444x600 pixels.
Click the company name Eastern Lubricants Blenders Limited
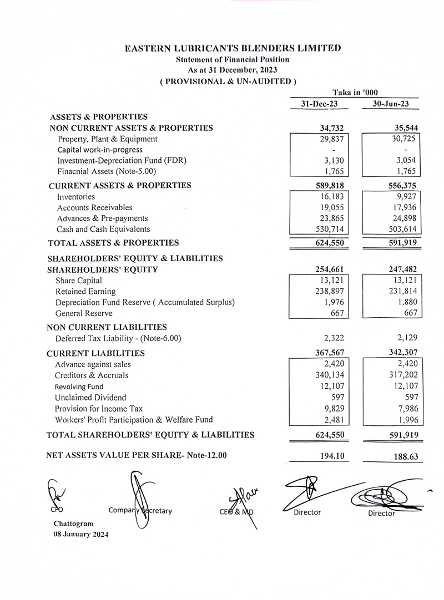tap(233, 49)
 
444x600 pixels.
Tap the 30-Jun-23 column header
tap(391, 104)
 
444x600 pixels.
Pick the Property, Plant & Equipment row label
tap(107, 139)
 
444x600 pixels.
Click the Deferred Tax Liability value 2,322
tap(332, 338)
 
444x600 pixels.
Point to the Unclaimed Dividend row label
tap(90, 398)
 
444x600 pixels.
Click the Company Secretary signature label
tap(140, 510)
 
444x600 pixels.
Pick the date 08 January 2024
tap(81, 535)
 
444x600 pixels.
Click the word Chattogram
tap(74, 523)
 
